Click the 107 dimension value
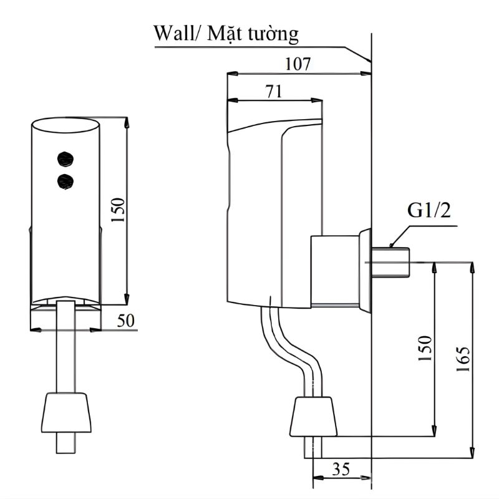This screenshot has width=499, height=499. tap(298, 64)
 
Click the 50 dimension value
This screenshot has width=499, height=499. tap(126, 320)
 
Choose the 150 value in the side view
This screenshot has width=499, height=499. tap(425, 349)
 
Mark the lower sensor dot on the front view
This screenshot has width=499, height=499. tap(64, 182)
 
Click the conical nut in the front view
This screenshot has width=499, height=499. tap(65, 412)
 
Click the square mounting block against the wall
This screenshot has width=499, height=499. tap(334, 271)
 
